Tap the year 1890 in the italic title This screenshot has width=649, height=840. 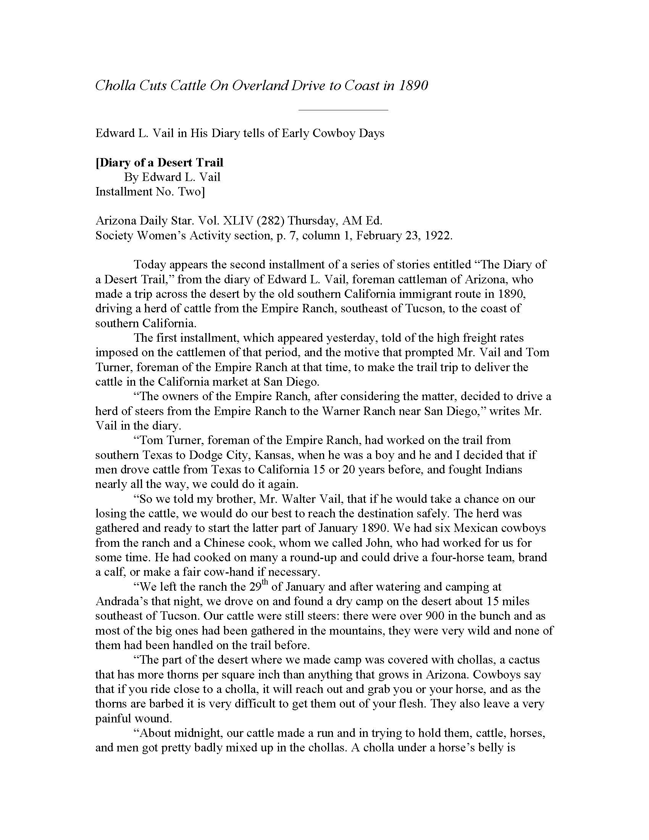click(x=413, y=85)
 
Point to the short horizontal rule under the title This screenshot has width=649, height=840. click(x=343, y=110)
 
